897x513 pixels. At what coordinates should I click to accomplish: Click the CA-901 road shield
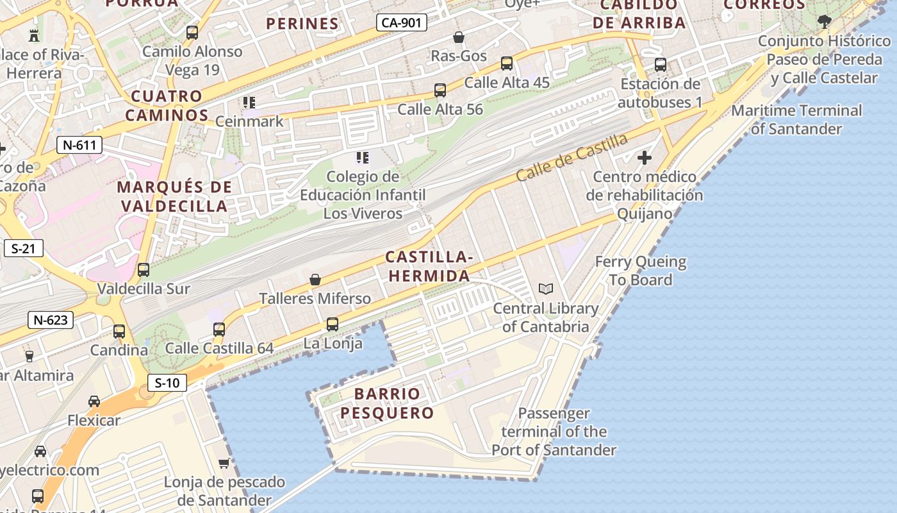point(401,23)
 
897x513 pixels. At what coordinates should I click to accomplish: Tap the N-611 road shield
point(79,145)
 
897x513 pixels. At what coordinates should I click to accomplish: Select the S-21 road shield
point(23,248)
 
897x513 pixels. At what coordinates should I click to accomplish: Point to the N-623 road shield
point(51,319)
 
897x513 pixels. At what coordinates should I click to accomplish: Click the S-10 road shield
point(167,383)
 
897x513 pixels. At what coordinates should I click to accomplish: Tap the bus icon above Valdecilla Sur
point(144,270)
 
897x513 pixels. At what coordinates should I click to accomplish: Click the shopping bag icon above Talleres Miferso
point(315,280)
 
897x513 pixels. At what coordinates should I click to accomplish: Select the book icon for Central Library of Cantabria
point(546,289)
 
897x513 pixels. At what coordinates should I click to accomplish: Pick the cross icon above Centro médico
point(645,158)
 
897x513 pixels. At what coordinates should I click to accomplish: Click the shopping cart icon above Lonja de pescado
point(224,463)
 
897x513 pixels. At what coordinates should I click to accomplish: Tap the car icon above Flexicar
point(94,401)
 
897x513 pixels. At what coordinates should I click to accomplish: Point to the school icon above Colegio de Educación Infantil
point(363,157)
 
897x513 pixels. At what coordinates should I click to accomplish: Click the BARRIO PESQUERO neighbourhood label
point(387,403)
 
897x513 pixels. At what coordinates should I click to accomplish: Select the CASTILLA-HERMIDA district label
point(429,267)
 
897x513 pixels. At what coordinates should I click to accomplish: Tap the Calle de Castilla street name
point(572,157)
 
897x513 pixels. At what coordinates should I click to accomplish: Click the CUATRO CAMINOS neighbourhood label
point(167,106)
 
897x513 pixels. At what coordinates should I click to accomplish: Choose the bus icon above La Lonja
point(332,324)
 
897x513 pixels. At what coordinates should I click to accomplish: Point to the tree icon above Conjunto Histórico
point(824,22)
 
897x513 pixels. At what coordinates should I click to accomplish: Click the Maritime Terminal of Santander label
point(796,119)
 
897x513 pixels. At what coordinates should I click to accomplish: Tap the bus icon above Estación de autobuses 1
point(661,65)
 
